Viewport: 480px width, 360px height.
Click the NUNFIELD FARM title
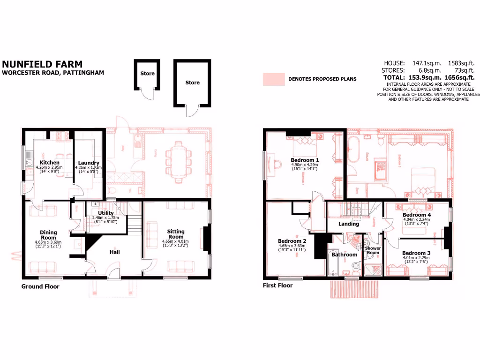(42, 64)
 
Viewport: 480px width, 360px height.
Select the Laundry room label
(89, 163)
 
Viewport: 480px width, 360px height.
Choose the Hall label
(114, 252)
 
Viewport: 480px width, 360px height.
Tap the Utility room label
(106, 213)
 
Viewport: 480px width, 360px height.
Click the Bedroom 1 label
(305, 159)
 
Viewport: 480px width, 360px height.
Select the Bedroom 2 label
(292, 240)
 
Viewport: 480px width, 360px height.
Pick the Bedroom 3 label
(416, 253)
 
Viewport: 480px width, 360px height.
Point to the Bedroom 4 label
(416, 214)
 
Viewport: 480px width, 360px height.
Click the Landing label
(349, 224)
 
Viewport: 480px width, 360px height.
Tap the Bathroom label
(345, 255)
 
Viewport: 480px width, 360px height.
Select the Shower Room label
(373, 250)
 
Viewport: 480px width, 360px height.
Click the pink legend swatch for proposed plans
(274, 79)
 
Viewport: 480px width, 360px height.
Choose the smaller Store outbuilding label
(147, 74)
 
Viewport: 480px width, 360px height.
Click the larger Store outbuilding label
(192, 82)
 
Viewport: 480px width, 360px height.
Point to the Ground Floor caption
(40, 286)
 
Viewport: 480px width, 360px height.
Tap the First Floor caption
(278, 285)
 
